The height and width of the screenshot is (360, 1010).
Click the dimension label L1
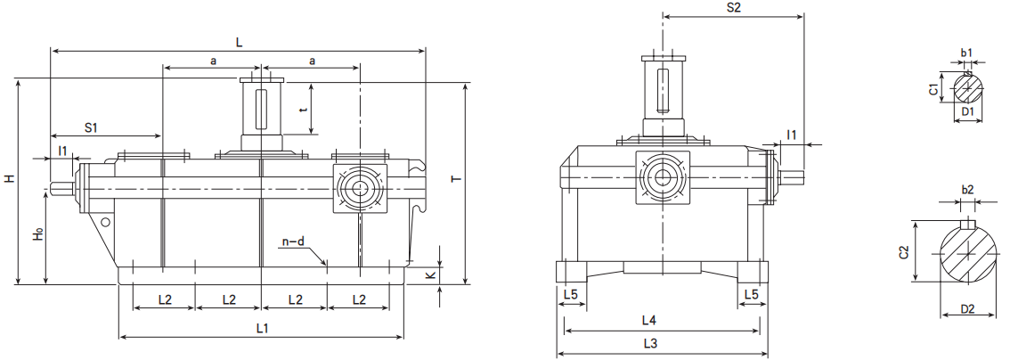[262, 329]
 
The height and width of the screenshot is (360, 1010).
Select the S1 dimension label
[91, 127]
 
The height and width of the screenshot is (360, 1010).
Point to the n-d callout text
[293, 242]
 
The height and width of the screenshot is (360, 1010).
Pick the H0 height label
[38, 235]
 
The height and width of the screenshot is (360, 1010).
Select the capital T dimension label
[456, 180]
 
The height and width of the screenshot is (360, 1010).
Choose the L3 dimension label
[650, 344]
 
